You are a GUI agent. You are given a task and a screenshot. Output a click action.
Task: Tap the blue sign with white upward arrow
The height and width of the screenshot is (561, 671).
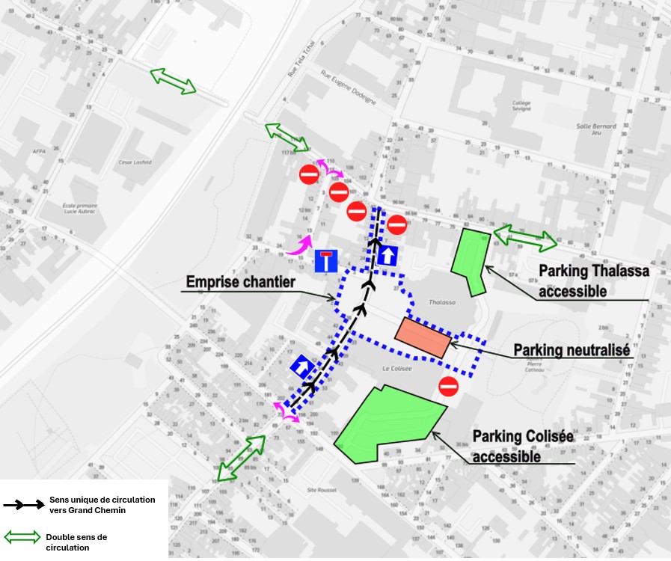[387, 256]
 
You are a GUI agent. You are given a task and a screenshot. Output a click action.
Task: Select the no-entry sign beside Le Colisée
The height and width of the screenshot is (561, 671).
[448, 387]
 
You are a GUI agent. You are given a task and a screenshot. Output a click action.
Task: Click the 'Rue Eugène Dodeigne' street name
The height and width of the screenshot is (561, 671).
[349, 85]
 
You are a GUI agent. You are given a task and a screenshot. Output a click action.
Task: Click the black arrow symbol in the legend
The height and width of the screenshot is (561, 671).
[24, 504]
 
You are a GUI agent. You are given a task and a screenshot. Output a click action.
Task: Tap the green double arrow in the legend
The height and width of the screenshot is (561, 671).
[23, 537]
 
